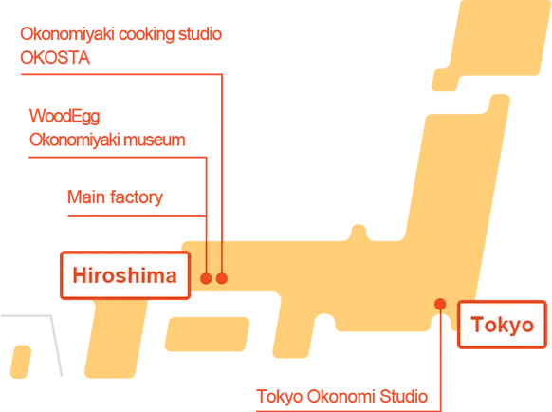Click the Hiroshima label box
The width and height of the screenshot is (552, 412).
coord(125,275)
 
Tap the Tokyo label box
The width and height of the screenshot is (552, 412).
coord(502,325)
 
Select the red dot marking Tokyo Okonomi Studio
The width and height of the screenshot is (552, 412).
coord(440,304)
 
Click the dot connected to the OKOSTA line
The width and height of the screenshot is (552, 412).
coord(222,278)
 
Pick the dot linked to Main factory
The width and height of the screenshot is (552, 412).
coord(206,278)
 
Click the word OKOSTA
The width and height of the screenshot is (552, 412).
coord(55,58)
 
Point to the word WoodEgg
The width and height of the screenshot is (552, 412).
coord(64,117)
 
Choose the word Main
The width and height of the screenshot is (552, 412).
coord(86,197)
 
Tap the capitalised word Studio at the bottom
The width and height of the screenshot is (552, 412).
coord(403,396)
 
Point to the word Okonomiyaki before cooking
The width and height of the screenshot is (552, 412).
coord(67,34)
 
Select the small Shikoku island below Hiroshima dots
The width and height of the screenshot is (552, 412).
coord(207,334)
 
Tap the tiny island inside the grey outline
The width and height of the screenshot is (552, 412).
coord(21,362)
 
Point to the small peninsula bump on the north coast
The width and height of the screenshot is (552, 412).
coord(359,233)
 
